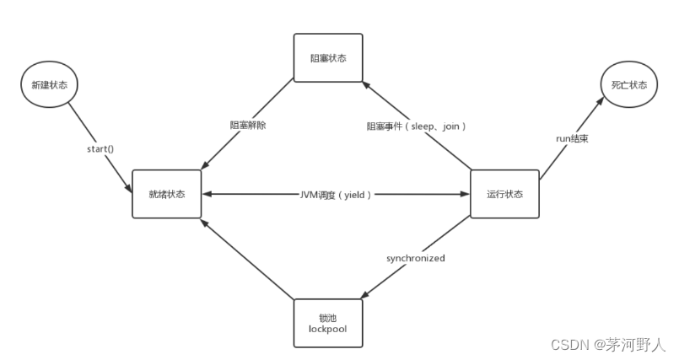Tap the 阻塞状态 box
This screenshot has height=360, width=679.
[328, 58]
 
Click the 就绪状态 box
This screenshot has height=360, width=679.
[166, 194]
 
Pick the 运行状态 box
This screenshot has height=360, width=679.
[504, 194]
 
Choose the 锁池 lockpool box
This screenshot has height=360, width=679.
[328, 322]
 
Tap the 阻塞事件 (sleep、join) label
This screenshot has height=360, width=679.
[417, 125]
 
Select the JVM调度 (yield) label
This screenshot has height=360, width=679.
[336, 194]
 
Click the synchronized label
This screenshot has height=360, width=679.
[417, 257]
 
